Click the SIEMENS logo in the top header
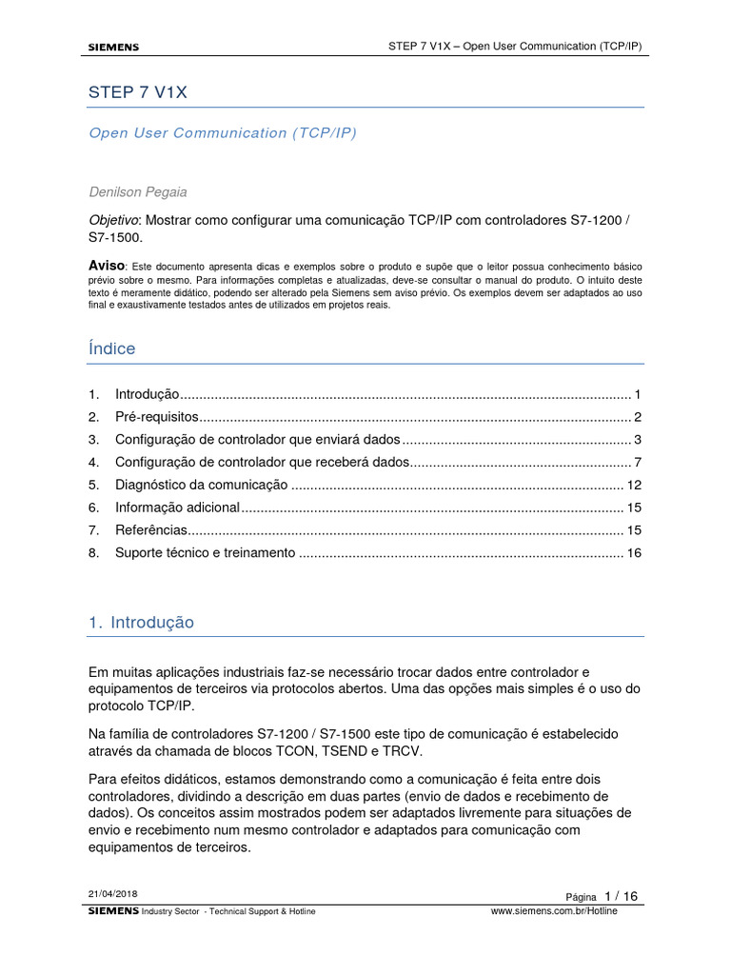113,47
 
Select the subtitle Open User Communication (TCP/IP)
222,133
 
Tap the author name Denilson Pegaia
139,191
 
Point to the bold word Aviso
107,264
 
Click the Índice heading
111,348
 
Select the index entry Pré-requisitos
157,417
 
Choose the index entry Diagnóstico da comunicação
201,485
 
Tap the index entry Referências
151,529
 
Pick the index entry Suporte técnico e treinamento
205,552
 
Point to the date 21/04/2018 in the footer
112,894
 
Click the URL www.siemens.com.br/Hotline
553,911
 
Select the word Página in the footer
581,897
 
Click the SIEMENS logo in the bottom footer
113,911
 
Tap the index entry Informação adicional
177,507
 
